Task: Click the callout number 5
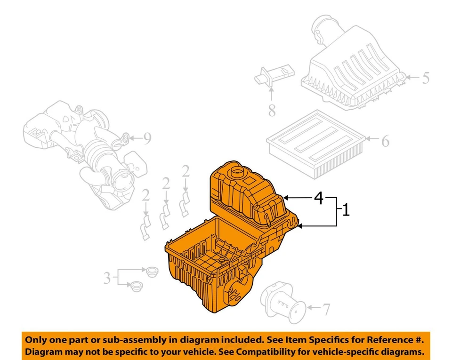pyautogui.click(x=425, y=78)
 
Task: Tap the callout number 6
pyautogui.click(x=385, y=140)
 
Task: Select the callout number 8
pyautogui.click(x=272, y=111)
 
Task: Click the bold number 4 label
pyautogui.click(x=319, y=199)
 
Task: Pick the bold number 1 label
pyautogui.click(x=346, y=210)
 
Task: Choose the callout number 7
pyautogui.click(x=326, y=309)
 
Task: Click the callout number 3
pyautogui.click(x=107, y=278)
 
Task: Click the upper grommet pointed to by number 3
pyautogui.click(x=152, y=272)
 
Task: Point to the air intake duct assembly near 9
pyautogui.click(x=85, y=151)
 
